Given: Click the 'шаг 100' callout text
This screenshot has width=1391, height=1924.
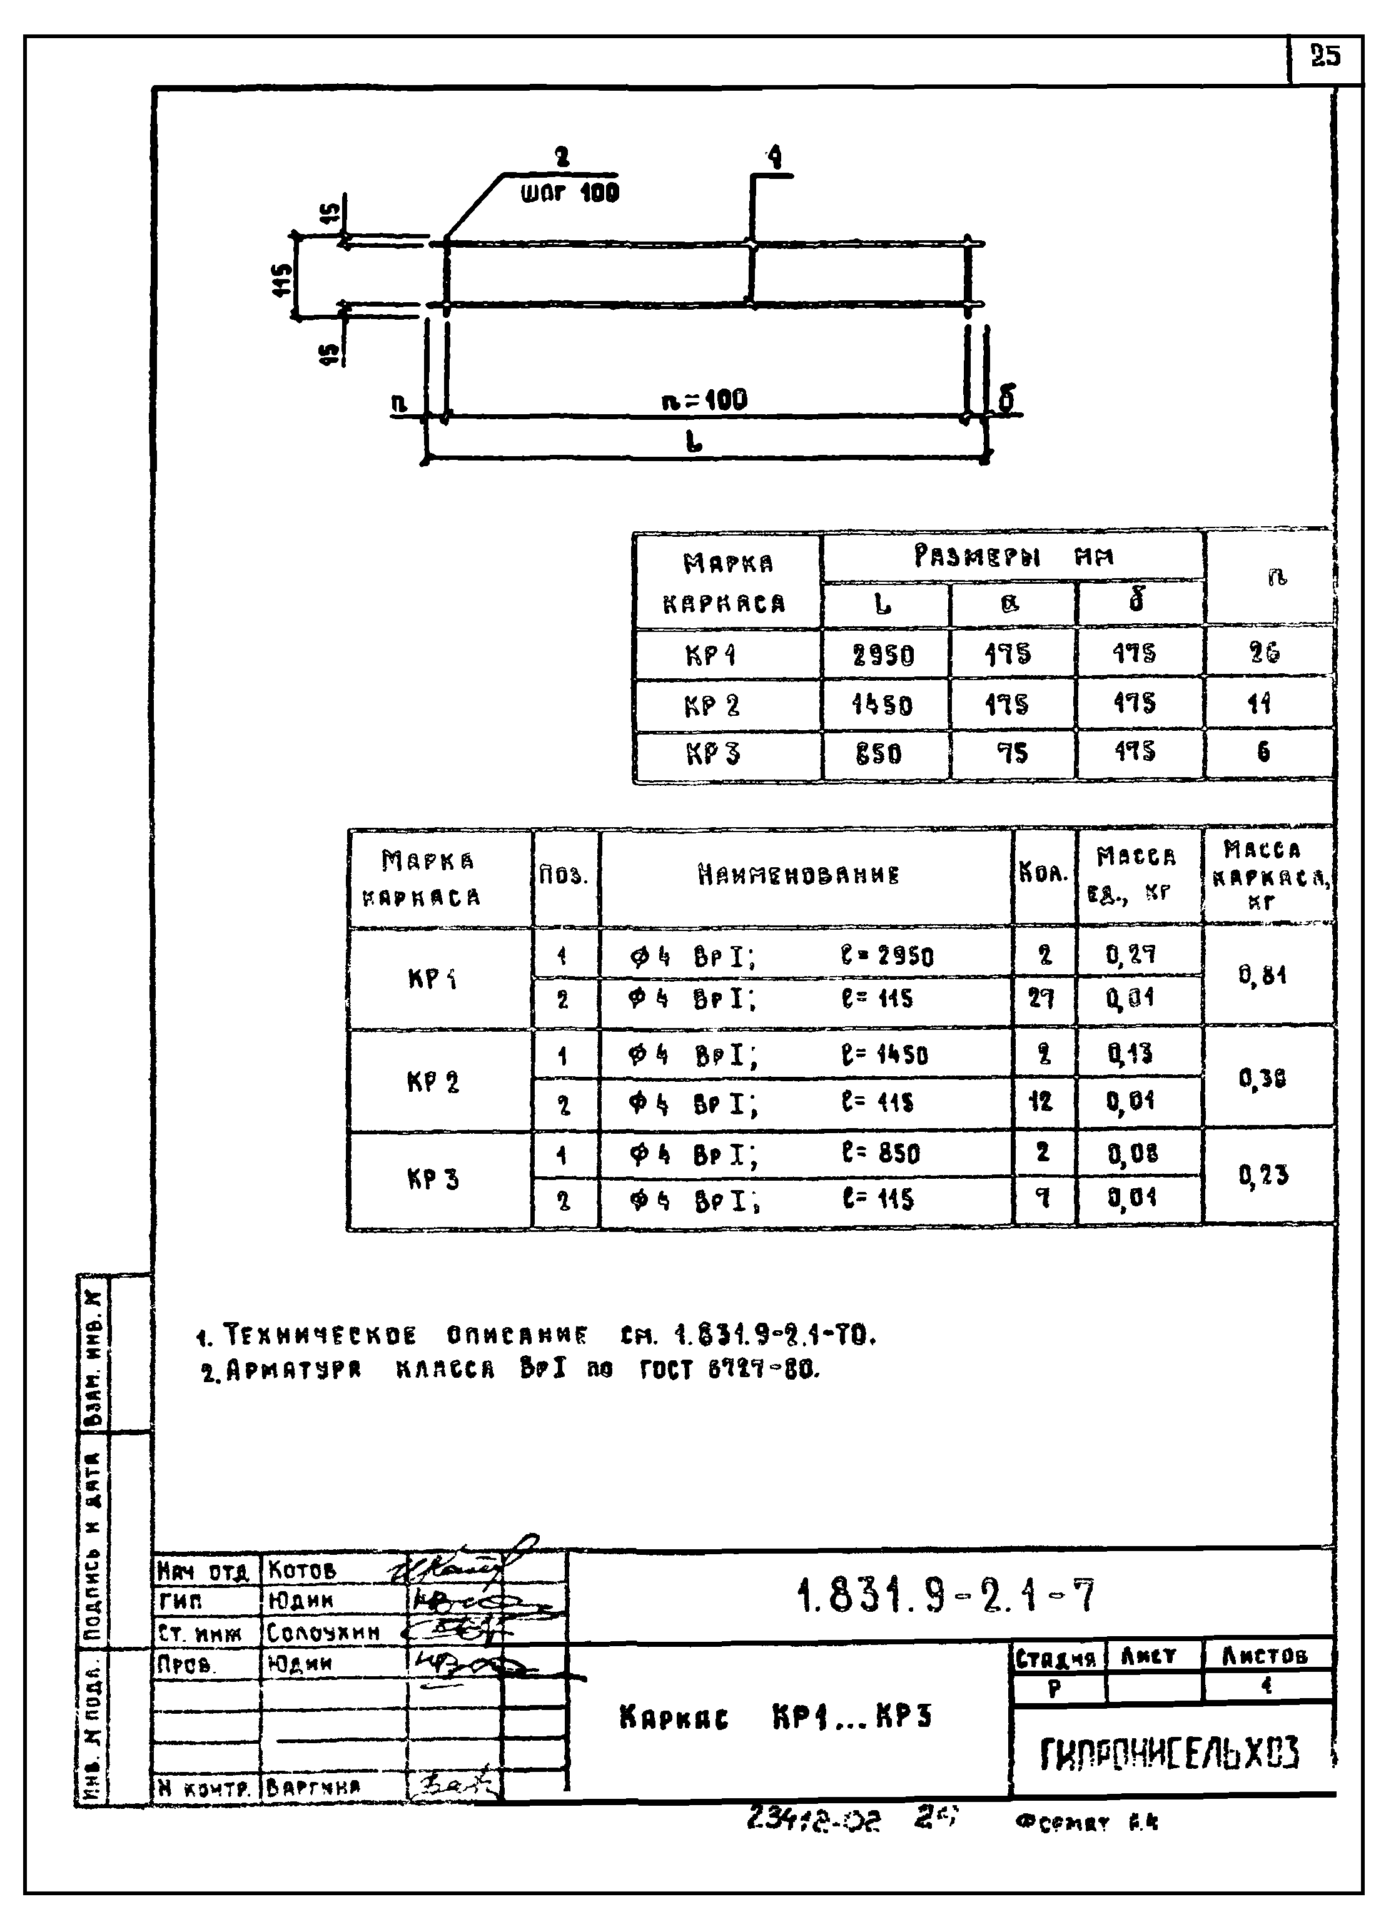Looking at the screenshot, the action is point(569,193).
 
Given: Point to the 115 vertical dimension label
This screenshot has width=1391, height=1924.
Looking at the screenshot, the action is point(283,279).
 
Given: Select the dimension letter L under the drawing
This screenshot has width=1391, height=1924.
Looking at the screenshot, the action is point(694,441).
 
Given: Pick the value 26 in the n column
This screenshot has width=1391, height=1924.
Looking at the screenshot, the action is point(1264,653).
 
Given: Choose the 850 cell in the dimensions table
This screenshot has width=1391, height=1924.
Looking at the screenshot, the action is point(878,753).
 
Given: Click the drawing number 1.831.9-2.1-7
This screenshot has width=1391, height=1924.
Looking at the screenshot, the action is point(946,1595).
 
